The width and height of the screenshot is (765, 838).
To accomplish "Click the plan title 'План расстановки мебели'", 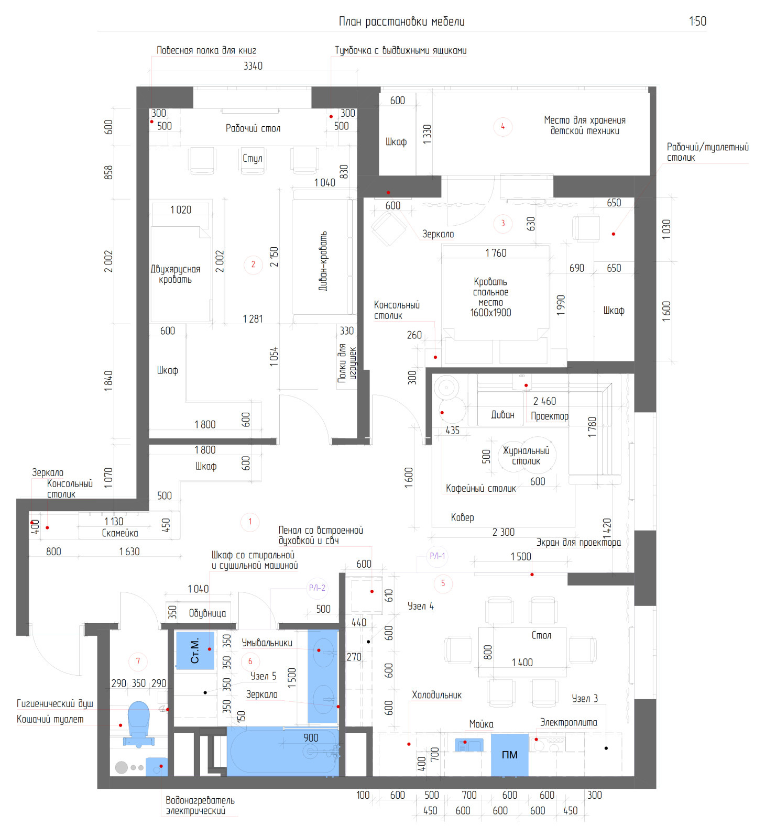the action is click(401, 21).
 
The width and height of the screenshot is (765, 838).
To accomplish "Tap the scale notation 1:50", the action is click(697, 21).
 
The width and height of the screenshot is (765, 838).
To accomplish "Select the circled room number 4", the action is click(502, 126).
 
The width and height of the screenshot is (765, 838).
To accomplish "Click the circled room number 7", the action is click(138, 661).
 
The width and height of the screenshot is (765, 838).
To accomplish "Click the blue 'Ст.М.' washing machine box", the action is click(195, 650).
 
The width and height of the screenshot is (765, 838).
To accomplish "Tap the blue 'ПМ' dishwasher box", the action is click(509, 755).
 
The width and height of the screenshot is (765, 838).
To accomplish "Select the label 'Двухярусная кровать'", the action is click(176, 274).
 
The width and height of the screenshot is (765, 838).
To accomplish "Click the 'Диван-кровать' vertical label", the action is click(323, 261).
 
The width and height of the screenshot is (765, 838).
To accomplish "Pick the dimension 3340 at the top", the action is click(253, 66).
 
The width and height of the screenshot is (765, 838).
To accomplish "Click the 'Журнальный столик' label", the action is click(526, 456).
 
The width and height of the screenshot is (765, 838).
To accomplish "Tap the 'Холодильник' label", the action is click(436, 695).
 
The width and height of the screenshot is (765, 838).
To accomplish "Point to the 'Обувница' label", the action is click(207, 613).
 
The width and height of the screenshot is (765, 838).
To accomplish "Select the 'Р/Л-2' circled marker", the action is click(317, 588).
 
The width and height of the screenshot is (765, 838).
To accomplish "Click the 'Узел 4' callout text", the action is click(421, 606).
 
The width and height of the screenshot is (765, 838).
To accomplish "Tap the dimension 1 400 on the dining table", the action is click(522, 663).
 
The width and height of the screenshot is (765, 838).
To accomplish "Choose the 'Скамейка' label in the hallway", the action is click(120, 533).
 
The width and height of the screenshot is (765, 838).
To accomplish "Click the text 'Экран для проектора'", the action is click(578, 543).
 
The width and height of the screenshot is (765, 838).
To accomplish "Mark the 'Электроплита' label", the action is click(569, 722).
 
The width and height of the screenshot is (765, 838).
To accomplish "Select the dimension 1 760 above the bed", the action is click(496, 253).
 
